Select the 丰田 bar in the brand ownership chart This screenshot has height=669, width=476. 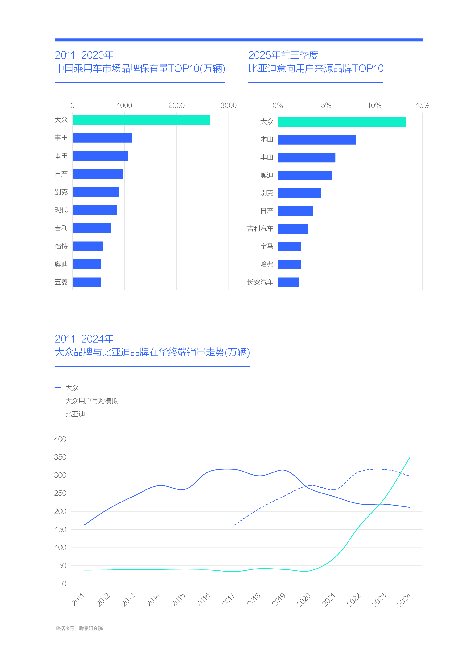(x=102, y=138)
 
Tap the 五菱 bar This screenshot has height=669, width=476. (x=87, y=282)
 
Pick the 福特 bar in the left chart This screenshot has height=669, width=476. (x=88, y=246)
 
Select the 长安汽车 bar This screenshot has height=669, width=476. (x=288, y=282)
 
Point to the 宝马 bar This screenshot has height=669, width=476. (x=290, y=247)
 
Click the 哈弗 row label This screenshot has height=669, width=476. (x=267, y=264)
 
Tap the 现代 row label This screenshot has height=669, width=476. (x=61, y=210)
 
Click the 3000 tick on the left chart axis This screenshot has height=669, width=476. (x=228, y=105)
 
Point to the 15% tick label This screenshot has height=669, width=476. (x=422, y=105)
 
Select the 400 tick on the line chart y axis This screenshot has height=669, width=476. (x=60, y=439)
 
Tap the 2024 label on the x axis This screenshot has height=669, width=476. (x=404, y=600)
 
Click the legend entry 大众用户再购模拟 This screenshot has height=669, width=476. (x=91, y=401)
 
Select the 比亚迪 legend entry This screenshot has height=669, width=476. (x=75, y=414)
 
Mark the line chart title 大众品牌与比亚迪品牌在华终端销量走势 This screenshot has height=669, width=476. (x=152, y=352)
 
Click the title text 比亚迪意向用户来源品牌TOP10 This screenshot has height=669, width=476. (x=316, y=68)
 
